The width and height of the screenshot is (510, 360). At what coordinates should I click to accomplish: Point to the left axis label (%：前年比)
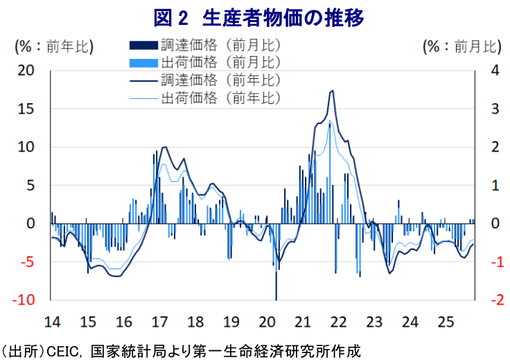tap(54, 46)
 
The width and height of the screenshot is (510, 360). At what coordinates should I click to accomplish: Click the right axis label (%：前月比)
tap(461, 46)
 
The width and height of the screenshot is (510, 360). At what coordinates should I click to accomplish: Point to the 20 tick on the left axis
tap(26, 71)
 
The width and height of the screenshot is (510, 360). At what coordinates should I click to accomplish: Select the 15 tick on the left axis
tap(26, 109)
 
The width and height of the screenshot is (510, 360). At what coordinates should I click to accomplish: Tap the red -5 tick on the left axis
tap(27, 262)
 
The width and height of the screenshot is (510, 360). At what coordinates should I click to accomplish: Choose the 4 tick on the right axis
tap(494, 71)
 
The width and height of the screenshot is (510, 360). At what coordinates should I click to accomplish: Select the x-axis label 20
tap(266, 322)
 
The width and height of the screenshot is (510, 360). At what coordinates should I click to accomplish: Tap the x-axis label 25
tap(446, 322)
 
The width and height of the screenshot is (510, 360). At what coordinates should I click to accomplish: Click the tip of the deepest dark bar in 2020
tap(276, 299)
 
